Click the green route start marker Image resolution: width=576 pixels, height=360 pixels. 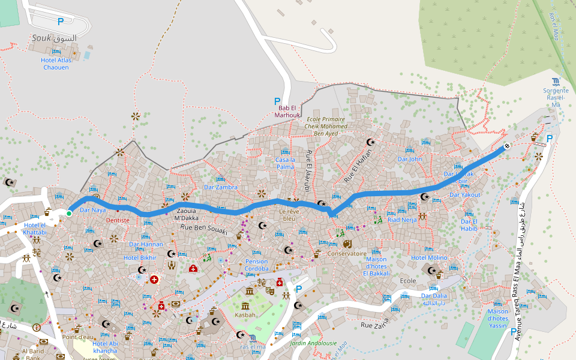[x=69, y=214]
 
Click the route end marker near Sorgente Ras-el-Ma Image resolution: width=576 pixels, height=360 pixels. [x=507, y=145]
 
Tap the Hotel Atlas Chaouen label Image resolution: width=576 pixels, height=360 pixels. [x=56, y=64]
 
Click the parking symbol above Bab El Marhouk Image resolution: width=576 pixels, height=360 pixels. [x=277, y=101]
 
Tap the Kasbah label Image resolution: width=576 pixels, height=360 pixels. [x=245, y=314]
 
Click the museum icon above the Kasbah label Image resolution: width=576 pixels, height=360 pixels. [x=249, y=292]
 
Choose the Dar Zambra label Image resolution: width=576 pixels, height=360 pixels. [x=221, y=187]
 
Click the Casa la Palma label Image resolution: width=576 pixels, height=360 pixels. [x=284, y=163]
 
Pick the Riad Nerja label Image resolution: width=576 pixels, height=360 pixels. [x=402, y=220]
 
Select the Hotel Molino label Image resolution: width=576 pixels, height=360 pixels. [x=429, y=257]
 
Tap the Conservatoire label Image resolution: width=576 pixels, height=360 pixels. [x=347, y=253]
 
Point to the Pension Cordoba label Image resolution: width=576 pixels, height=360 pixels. [x=256, y=265]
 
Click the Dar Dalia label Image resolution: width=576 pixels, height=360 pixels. [x=434, y=296]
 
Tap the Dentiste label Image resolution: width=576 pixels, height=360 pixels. [x=118, y=220]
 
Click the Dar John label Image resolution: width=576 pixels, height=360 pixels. [x=410, y=159]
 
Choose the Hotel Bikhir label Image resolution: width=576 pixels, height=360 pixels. [x=140, y=257]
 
